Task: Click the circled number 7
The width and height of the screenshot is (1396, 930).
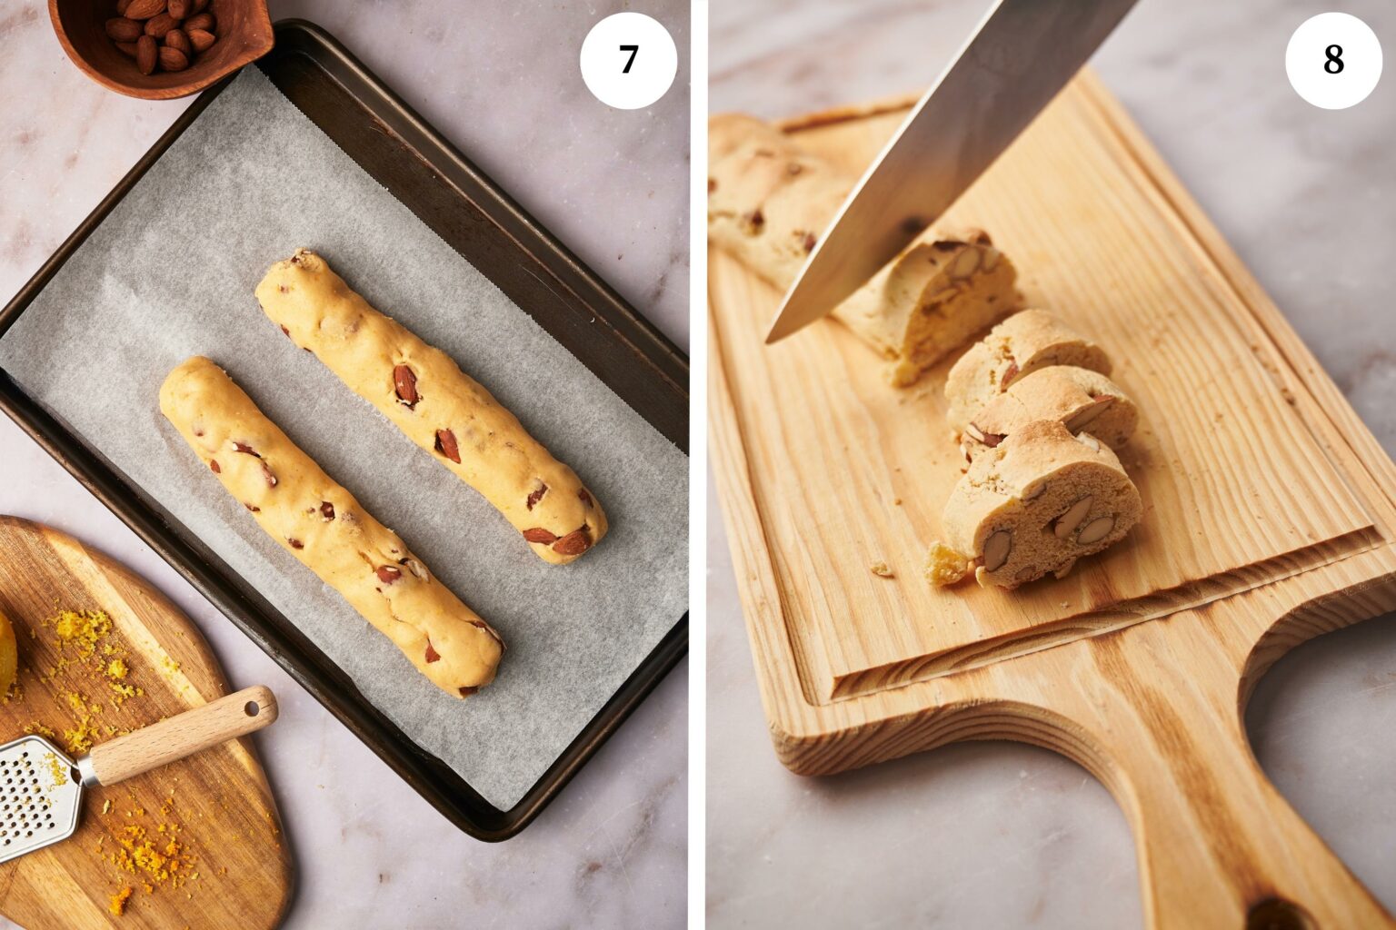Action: (628, 60)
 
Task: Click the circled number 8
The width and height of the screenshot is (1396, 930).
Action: (1332, 60)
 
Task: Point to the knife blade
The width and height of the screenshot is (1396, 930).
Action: (945, 154)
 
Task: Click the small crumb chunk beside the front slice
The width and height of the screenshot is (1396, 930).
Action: (945, 563)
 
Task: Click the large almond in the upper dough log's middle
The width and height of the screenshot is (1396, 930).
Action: (405, 384)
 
